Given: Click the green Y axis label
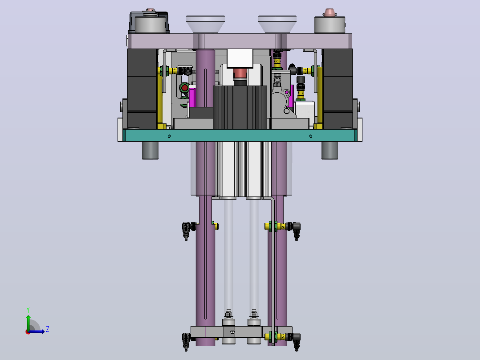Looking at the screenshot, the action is coord(28,310).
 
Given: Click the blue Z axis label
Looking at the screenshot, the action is coord(48,329).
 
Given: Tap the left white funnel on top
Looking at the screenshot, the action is coord(205,24).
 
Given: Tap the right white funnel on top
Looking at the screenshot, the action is coord(277,24).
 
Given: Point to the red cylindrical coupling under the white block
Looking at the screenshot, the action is coord(240,74).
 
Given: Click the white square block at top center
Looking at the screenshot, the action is coord(240,58).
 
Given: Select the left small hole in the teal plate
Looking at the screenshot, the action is coord(169,136).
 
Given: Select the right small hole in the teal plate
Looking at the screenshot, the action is coord(310,136).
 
